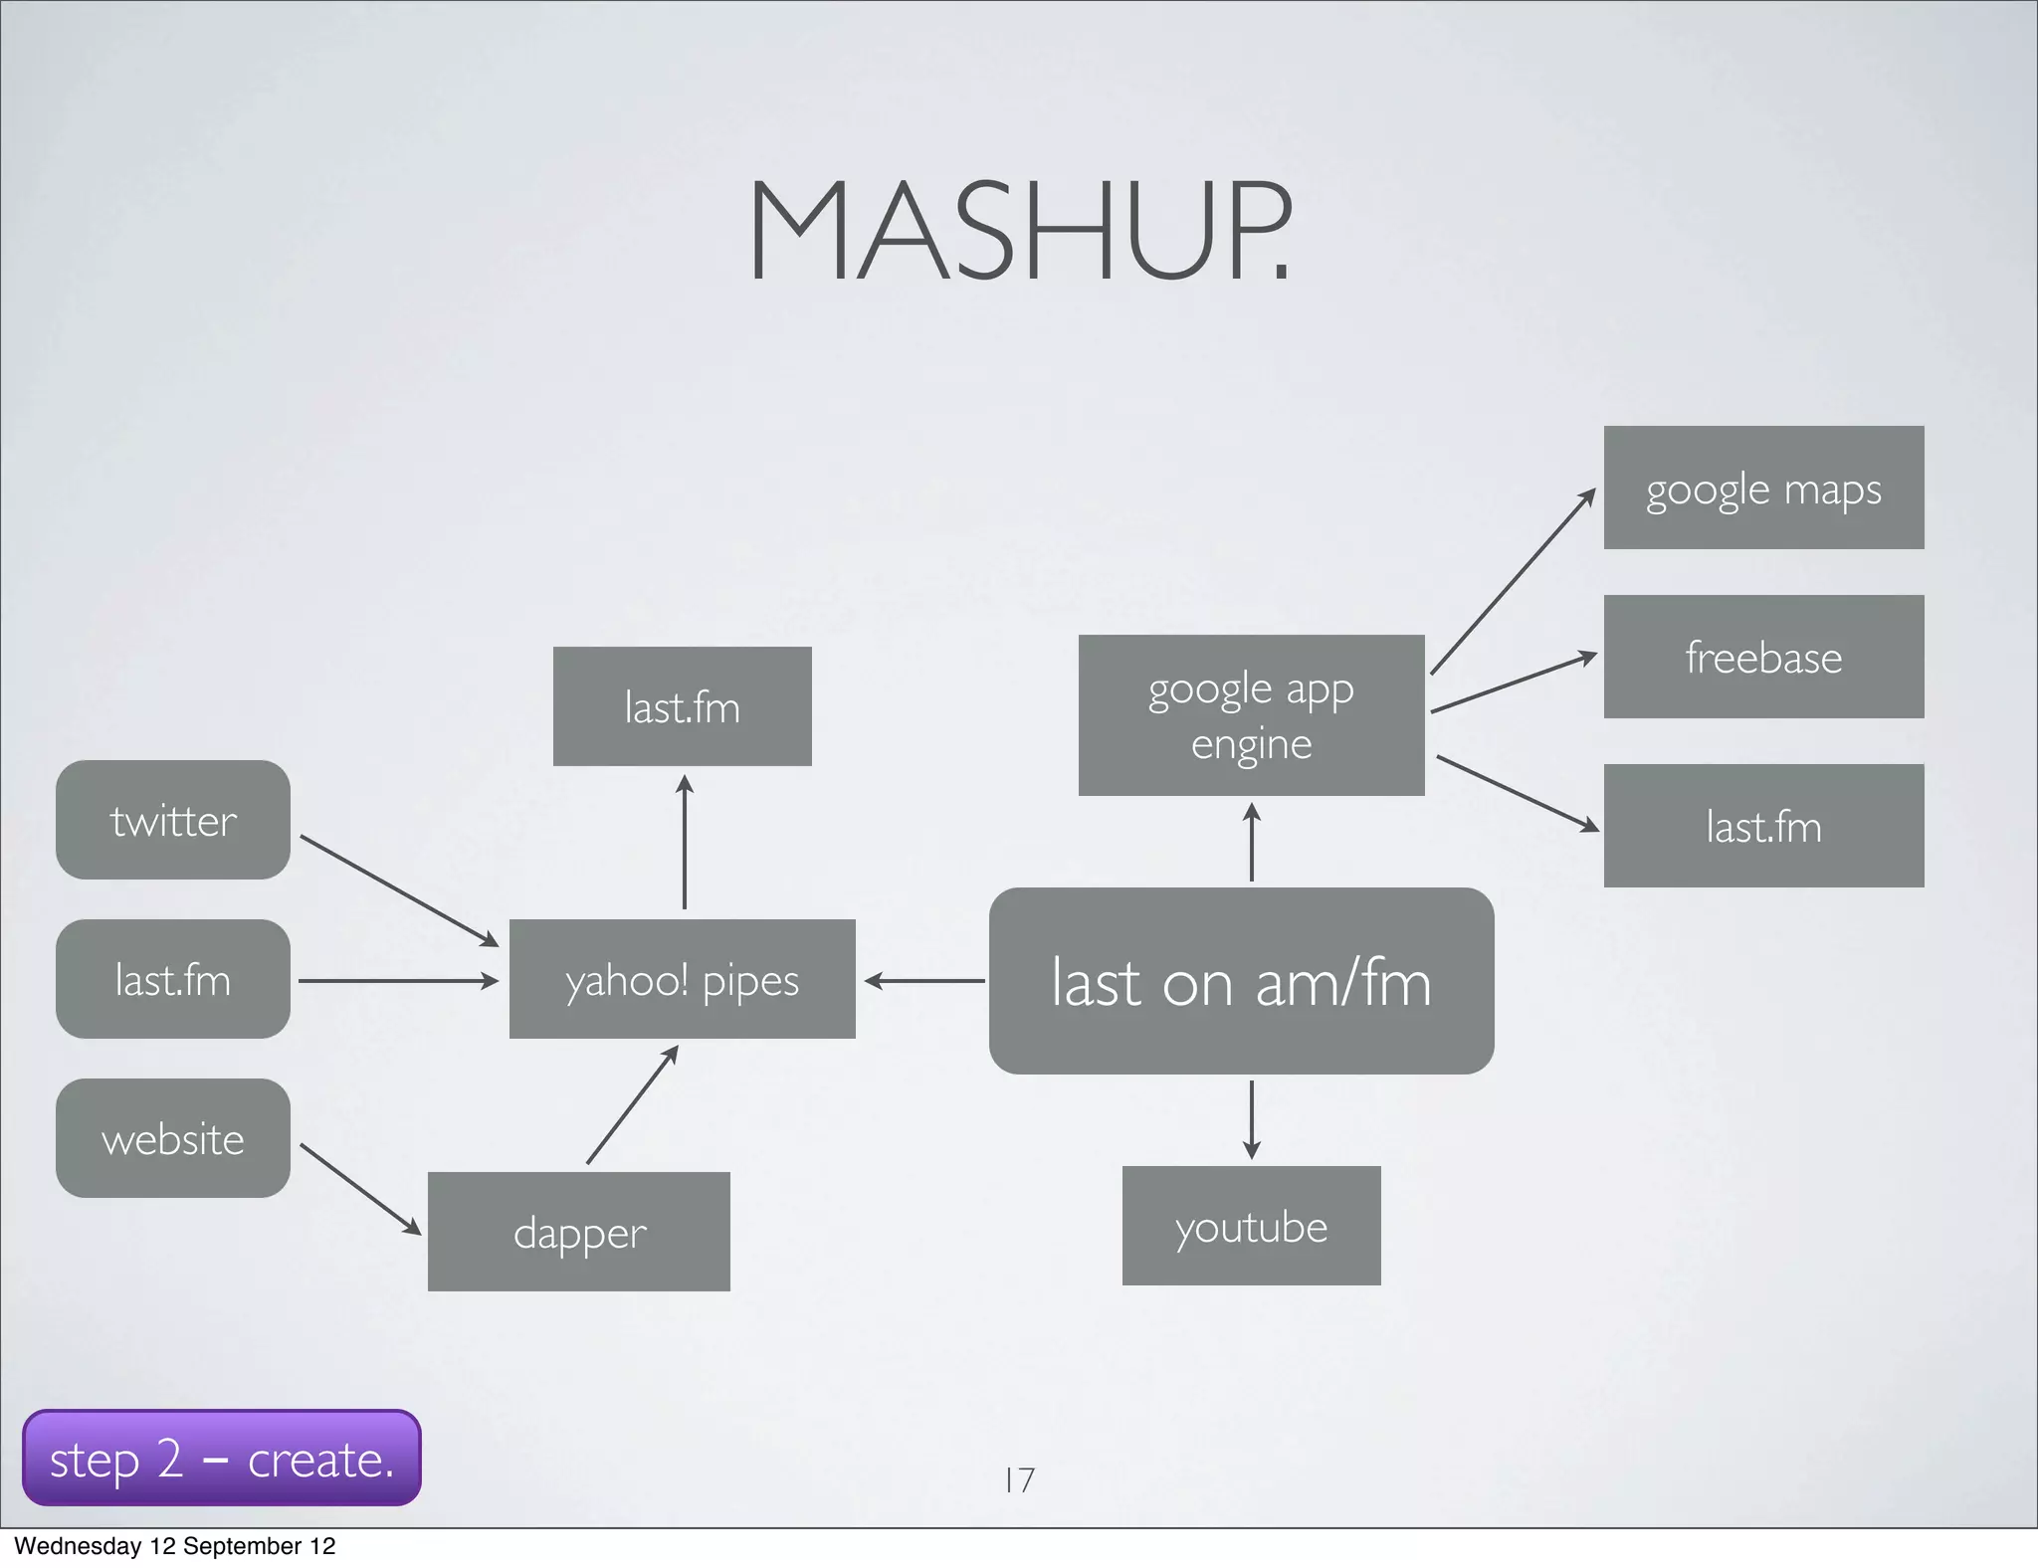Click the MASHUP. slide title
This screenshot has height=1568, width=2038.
1019,231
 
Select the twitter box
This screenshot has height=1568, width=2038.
173,820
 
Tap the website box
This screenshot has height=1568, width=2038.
173,1138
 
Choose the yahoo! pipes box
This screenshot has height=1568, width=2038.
683,979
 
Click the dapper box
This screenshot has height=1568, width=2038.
579,1232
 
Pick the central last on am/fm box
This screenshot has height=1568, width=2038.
1242,981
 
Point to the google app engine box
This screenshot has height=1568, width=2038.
1252,715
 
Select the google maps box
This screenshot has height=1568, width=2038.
1763,488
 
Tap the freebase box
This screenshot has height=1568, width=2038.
1763,657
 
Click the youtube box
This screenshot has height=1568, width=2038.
1252,1226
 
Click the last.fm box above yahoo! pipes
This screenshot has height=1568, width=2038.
683,706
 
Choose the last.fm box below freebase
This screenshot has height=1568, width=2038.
1763,826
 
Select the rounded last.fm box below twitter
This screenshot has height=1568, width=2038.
173,979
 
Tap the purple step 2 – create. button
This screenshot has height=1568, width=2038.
222,1458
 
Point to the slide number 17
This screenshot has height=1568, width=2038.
1019,1480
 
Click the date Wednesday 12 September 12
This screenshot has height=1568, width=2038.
175,1546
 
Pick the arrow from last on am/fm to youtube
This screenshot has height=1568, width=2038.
1252,1119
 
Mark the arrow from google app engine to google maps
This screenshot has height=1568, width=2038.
1513,582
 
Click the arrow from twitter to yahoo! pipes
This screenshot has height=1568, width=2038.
398,890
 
